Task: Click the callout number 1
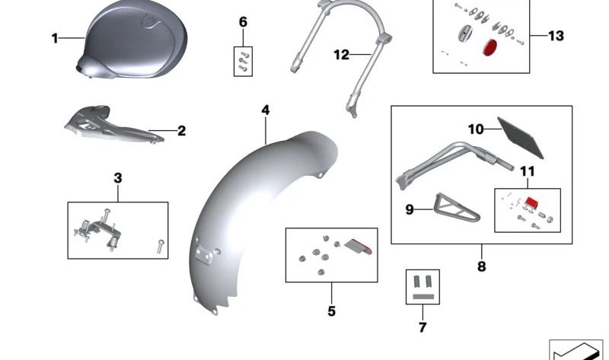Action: (x=55, y=37)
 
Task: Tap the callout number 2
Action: (x=181, y=131)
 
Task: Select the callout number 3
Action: (x=117, y=179)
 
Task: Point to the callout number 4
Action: (x=265, y=111)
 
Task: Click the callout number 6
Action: (x=243, y=22)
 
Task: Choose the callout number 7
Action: (x=422, y=327)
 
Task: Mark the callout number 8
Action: (x=481, y=266)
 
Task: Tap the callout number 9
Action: (x=410, y=209)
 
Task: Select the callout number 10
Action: (x=475, y=129)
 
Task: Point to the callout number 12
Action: (x=340, y=55)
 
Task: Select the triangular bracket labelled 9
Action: (x=448, y=208)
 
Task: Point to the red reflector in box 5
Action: (x=361, y=244)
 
